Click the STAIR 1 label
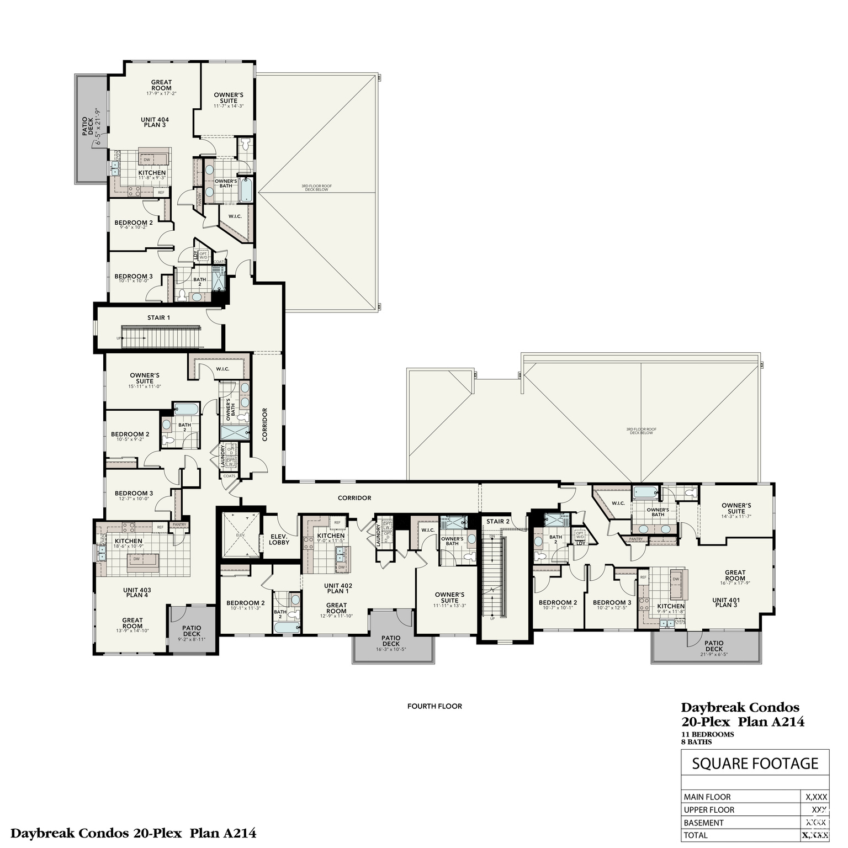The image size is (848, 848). pos(158,317)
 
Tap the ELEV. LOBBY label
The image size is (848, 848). pos(279,539)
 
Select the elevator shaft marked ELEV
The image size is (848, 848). pos(240,535)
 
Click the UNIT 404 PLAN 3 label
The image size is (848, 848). pos(155,122)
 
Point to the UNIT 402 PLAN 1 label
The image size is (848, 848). pos(338,588)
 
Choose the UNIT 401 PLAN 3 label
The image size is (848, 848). pos(726,602)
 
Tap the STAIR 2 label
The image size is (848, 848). pos(497,521)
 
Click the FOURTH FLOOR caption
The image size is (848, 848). pos(434,706)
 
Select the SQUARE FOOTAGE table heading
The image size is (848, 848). pos(755,764)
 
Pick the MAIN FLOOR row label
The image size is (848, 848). pos(707,797)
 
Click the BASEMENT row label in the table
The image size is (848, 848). pos(703,823)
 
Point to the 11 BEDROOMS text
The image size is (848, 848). pos(707,734)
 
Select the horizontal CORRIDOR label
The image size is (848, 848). pos(354,498)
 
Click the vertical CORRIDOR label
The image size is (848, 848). pos(264,424)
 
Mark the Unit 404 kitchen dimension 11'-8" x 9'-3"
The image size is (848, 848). pos(152,178)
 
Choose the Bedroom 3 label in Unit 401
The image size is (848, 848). pos(612,602)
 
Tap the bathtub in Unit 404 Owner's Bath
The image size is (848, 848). pos(246,189)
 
